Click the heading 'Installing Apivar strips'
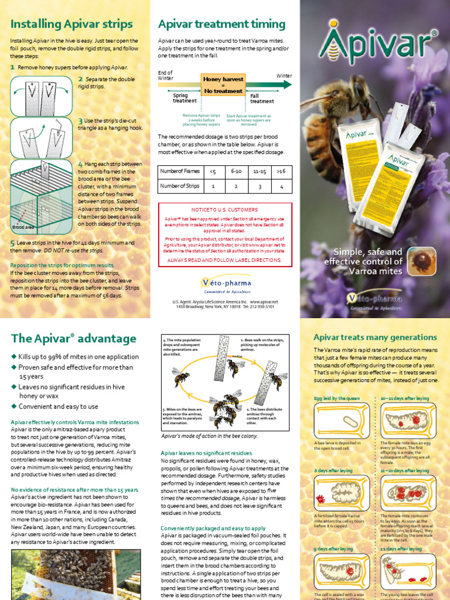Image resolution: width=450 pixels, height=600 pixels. (x=71, y=24)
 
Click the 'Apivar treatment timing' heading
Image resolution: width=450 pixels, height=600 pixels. (x=221, y=24)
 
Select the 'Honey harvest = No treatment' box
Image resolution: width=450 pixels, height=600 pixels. (x=223, y=85)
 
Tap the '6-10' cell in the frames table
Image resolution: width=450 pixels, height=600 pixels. (x=236, y=171)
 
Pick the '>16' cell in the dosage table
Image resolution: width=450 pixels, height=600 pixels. (x=281, y=171)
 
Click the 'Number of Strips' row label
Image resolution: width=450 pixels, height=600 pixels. (x=180, y=186)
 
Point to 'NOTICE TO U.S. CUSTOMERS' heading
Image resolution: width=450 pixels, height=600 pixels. (x=224, y=210)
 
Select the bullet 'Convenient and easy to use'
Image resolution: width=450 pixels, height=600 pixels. (x=58, y=406)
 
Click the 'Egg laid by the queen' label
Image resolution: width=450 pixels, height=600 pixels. (x=337, y=398)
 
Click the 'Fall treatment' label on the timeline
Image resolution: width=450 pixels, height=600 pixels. (x=262, y=98)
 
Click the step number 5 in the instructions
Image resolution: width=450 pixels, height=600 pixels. (x=13, y=243)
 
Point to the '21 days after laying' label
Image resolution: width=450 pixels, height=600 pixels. (x=401, y=549)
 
